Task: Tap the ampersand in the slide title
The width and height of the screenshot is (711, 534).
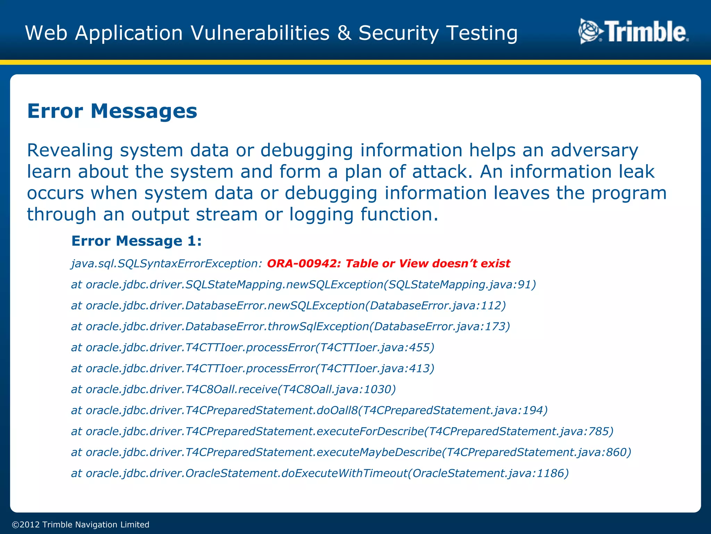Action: click(344, 33)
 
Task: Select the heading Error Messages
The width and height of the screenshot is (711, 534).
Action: click(112, 111)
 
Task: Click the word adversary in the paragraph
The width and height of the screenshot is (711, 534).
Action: click(594, 151)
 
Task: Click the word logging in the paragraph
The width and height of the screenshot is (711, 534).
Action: click(321, 215)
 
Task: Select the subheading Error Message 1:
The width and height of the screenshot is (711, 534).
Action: click(136, 241)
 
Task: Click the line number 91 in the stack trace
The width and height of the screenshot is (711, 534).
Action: click(524, 285)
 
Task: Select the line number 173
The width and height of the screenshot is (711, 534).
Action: click(495, 326)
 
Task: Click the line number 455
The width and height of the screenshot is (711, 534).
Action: click(419, 347)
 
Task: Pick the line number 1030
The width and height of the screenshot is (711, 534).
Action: click(377, 389)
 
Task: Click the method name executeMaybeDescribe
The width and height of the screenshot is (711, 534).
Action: click(379, 452)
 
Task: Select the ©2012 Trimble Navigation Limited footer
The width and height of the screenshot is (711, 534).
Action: click(81, 525)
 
